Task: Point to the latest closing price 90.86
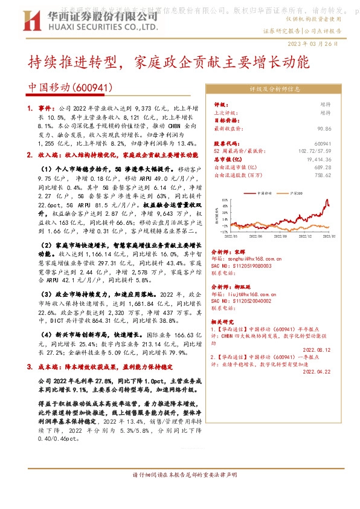pos(324,129)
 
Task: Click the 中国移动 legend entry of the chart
pos(265,193)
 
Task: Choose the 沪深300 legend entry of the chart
pos(297,193)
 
